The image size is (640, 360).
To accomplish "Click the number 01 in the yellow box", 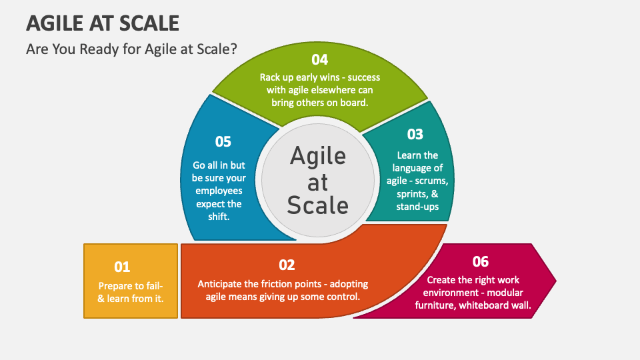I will [122, 267].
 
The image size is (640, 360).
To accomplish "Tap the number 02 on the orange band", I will [287, 265].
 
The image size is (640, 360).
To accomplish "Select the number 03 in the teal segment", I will [415, 134].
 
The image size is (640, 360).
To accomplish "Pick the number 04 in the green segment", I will [320, 59].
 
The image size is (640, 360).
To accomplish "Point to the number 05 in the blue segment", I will [223, 141].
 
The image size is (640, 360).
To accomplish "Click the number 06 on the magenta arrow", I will [480, 261].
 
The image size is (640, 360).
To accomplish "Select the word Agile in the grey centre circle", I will [318, 156].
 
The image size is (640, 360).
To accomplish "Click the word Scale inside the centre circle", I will [318, 205].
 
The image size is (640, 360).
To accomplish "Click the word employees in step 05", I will [219, 191].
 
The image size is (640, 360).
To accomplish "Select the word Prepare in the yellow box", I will [115, 285].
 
